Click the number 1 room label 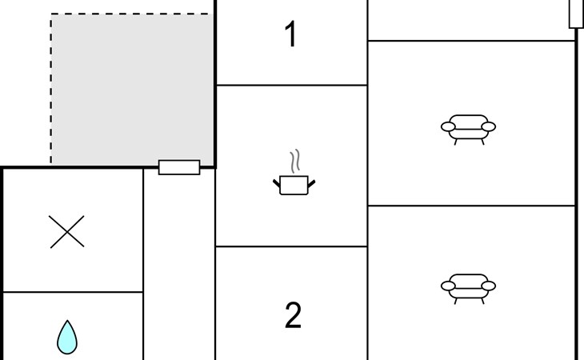click(x=291, y=34)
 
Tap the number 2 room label click(x=293, y=315)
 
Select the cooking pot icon click(x=294, y=185)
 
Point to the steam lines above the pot click(x=295, y=161)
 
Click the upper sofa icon click(x=468, y=130)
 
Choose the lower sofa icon click(x=468, y=289)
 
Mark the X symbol click(x=67, y=231)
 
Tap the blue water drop click(x=67, y=338)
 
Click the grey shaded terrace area click(x=132, y=90)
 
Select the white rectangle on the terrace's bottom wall click(x=179, y=167)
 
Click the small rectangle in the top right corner click(x=576, y=14)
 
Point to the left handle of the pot click(x=277, y=183)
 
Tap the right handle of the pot click(x=311, y=183)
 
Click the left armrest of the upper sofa click(x=448, y=126)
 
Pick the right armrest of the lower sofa click(x=488, y=286)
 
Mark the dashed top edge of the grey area click(x=132, y=14)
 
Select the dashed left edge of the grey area click(x=51, y=90)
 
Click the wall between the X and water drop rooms click(x=73, y=292)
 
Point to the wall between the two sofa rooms click(x=471, y=206)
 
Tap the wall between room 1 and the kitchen click(x=292, y=86)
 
